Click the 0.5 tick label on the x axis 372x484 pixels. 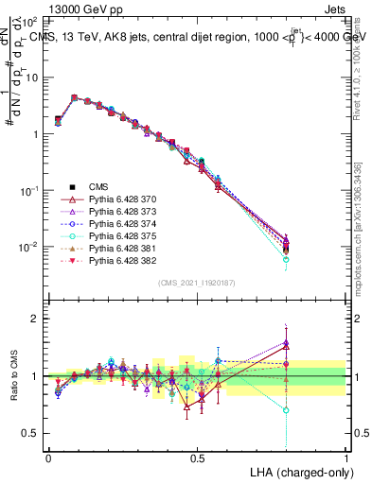[x=197, y=458]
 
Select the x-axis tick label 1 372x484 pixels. [x=346, y=458]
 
